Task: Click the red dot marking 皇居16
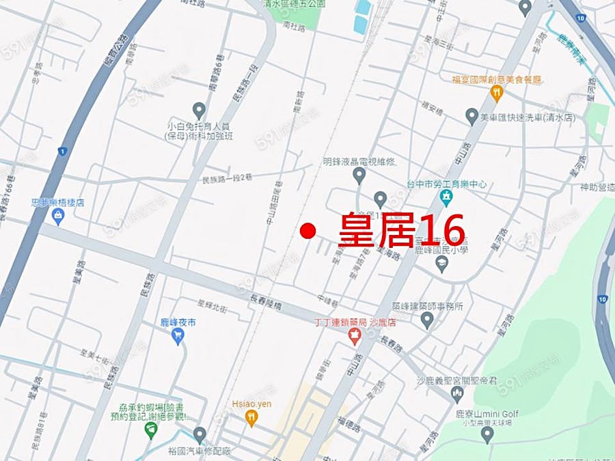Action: tap(307, 231)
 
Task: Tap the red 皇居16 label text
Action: tap(402, 230)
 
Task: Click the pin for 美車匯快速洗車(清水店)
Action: tap(471, 117)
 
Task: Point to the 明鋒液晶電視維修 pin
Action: tap(359, 176)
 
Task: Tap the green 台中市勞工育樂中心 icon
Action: tap(447, 197)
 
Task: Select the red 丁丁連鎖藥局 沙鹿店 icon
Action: tap(354, 335)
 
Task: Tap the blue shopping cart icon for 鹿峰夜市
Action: tap(178, 335)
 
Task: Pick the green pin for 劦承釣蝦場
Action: tap(151, 430)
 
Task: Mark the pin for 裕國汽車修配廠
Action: tap(199, 434)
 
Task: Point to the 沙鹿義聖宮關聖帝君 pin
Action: tap(457, 393)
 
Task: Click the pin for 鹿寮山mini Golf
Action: tap(487, 433)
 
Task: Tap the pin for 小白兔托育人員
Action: tap(199, 110)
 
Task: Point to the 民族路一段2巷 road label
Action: tap(228, 178)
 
